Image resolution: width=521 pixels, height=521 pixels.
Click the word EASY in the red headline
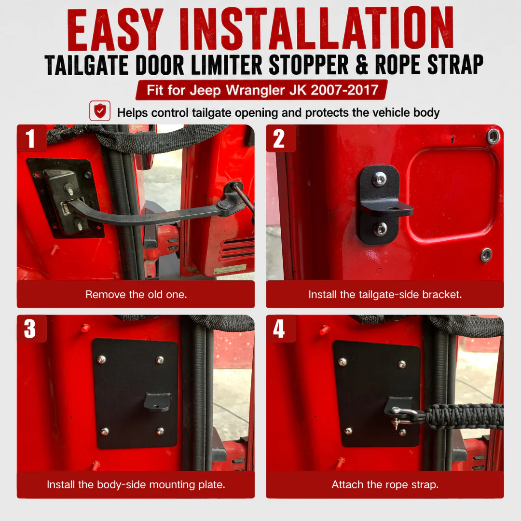[x=115, y=30]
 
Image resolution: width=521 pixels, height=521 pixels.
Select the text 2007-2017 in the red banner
[x=344, y=90]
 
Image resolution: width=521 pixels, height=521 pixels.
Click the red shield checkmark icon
[x=100, y=110]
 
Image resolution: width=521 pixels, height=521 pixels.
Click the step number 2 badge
[x=280, y=138]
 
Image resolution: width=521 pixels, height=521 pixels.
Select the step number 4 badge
[x=280, y=329]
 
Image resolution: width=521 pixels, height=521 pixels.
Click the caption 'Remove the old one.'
[x=136, y=294]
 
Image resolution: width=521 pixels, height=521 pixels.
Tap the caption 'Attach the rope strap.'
[x=385, y=484]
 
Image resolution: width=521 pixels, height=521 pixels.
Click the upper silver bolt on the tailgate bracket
[x=379, y=179]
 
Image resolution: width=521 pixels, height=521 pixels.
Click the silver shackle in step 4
[x=401, y=415]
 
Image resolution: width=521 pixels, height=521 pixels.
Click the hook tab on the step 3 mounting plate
[x=157, y=401]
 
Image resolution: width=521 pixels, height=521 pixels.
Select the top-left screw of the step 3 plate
[x=101, y=359]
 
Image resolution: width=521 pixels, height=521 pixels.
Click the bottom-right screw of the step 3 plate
[x=160, y=431]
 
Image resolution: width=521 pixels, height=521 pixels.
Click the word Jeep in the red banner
[x=205, y=90]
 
